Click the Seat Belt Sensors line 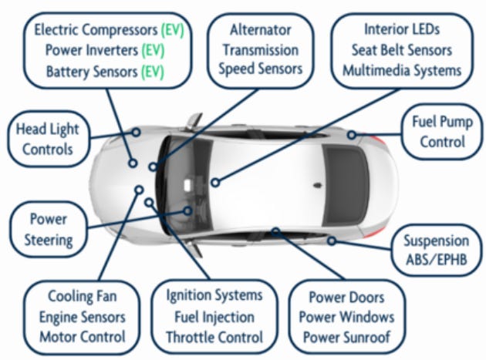(x=401, y=50)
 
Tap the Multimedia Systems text (x=401, y=70)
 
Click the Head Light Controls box (x=47, y=139)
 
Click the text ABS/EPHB (x=435, y=260)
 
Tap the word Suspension (x=435, y=241)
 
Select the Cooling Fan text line (x=82, y=297)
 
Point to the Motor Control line (x=82, y=336)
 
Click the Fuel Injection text (x=214, y=317)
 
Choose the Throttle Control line (x=214, y=337)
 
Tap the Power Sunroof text (x=346, y=337)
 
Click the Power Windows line (x=346, y=317)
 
